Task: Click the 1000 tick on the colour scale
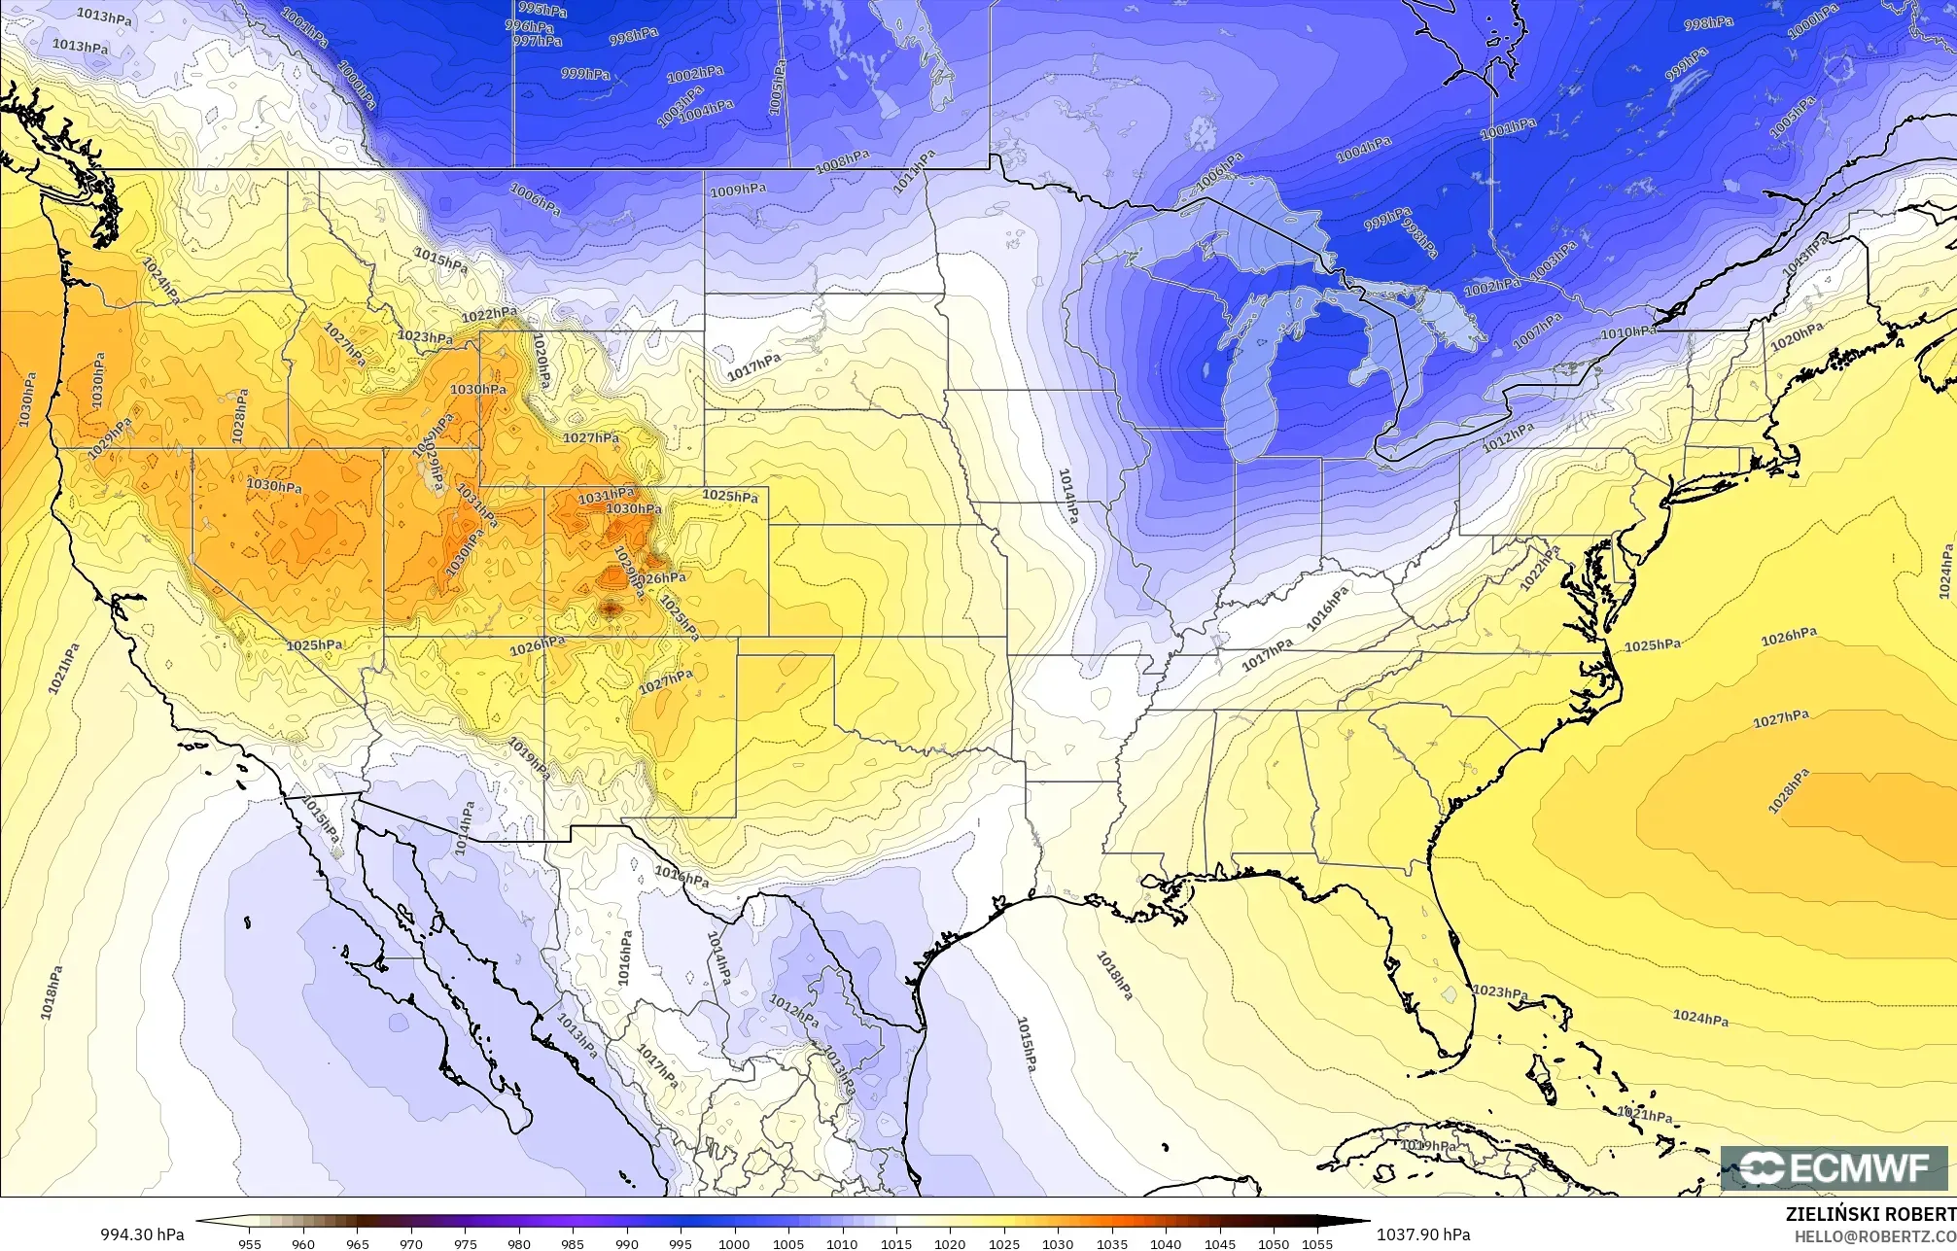(735, 1242)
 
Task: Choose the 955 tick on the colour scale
(250, 1242)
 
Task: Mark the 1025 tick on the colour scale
(1004, 1242)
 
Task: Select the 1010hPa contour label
(1628, 332)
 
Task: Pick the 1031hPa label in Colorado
(608, 497)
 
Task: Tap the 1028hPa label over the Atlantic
(1789, 791)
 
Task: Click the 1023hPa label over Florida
(1501, 992)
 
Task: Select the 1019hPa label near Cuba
(1428, 1147)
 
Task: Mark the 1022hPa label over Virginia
(1540, 562)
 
